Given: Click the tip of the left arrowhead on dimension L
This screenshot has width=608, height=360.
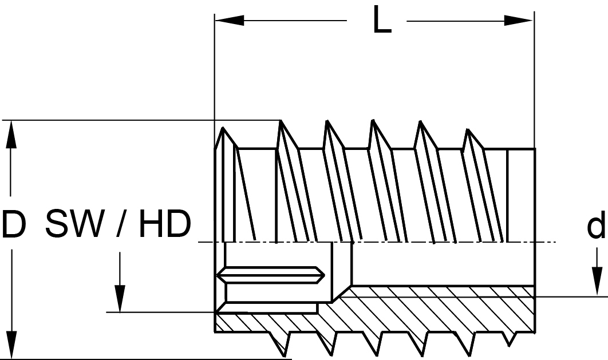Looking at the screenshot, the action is pyautogui.click(x=216, y=20).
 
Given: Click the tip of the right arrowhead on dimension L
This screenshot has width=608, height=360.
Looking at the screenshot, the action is pyautogui.click(x=533, y=20).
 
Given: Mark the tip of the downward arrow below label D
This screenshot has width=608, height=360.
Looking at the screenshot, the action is pyautogui.click(x=12, y=358).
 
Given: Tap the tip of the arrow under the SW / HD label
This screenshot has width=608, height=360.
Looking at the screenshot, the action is pyautogui.click(x=120, y=311).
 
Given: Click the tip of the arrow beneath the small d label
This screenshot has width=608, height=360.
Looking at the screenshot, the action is pyautogui.click(x=597, y=296).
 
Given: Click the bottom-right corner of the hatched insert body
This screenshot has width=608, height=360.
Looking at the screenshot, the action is pyautogui.click(x=535, y=332).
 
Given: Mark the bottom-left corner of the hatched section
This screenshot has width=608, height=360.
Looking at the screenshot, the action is pyautogui.click(x=215, y=332).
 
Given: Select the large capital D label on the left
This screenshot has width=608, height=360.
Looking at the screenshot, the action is pyautogui.click(x=14, y=224).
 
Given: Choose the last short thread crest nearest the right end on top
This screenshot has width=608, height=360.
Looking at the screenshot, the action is pyautogui.click(x=473, y=139).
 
